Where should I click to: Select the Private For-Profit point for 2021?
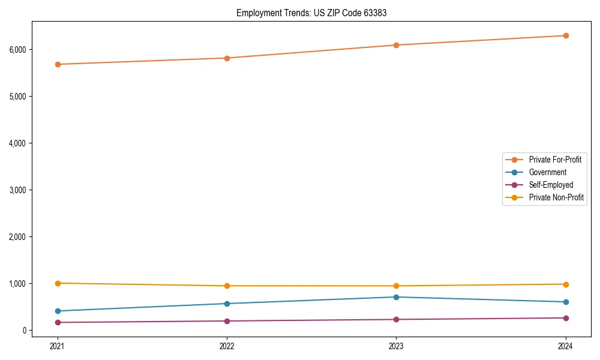[x=58, y=64]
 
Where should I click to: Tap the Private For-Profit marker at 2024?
[x=566, y=35]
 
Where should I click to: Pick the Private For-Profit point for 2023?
[x=397, y=45]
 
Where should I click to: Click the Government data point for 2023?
[x=397, y=297]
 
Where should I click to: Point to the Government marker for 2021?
[x=58, y=311]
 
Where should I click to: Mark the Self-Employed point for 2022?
[x=227, y=321]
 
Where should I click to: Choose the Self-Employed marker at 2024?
[x=566, y=318]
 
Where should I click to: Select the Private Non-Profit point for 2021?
[x=58, y=283]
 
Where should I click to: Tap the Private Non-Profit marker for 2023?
[x=397, y=286]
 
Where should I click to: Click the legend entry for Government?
[x=547, y=172]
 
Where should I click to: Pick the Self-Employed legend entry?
[x=551, y=185]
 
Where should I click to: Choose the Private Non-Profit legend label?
[x=556, y=197]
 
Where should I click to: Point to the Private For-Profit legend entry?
[x=555, y=160]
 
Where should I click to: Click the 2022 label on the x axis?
[x=227, y=346]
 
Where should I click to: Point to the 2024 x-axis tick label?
[x=566, y=346]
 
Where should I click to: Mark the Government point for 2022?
[x=227, y=304]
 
